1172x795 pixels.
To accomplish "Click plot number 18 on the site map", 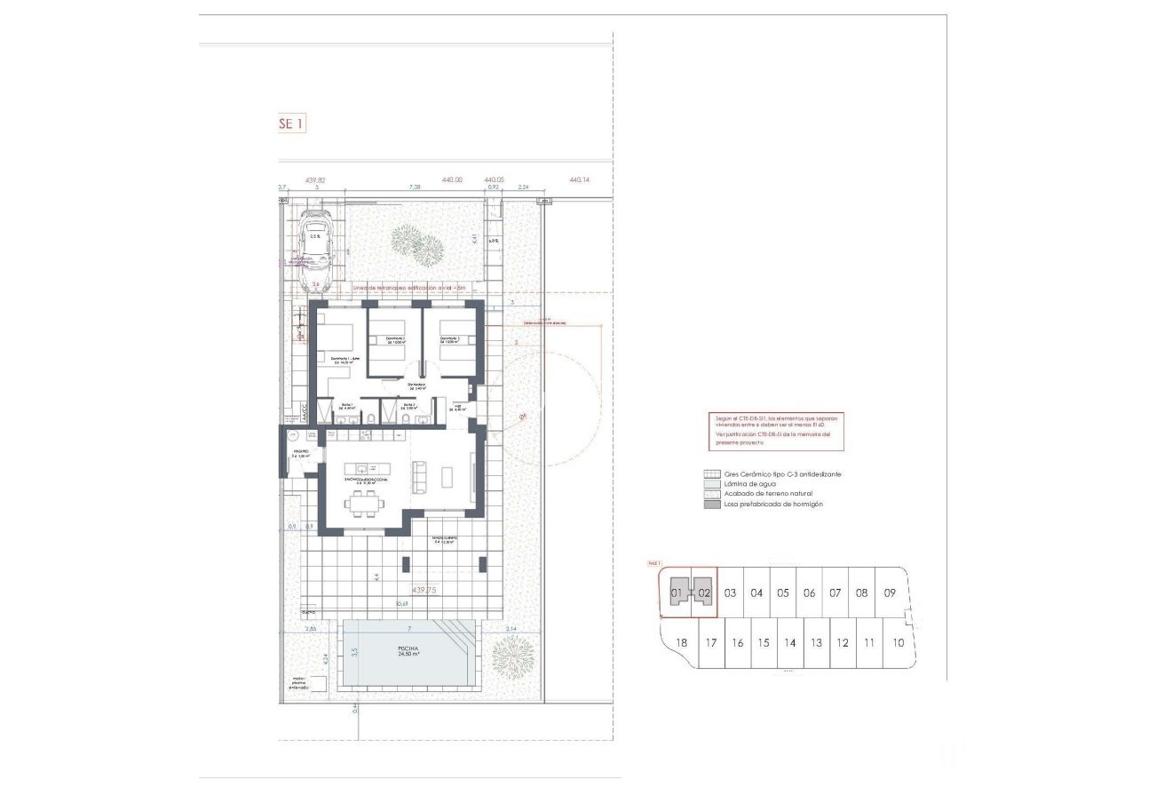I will pos(682,643).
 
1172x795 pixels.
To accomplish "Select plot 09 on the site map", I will pos(890,592).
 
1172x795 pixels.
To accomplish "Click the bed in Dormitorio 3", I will pos(452,340).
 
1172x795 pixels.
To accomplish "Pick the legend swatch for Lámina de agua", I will pos(710,484).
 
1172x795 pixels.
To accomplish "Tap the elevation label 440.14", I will pos(579,180).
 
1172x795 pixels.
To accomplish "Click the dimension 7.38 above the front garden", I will pos(415,188).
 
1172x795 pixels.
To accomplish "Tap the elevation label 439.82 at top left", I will pos(315,180).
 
